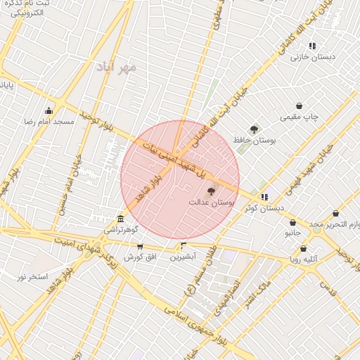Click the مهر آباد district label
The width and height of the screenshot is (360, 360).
click(x=117, y=67)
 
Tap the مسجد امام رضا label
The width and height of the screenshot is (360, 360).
click(x=49, y=122)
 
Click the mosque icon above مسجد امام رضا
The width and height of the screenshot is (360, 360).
click(x=49, y=110)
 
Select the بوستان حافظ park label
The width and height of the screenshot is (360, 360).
click(x=255, y=141)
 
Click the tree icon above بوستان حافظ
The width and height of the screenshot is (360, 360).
click(x=254, y=129)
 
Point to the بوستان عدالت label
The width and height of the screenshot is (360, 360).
click(x=210, y=202)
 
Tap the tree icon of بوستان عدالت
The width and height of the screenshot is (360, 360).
click(x=210, y=191)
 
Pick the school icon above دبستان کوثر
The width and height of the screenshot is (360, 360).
click(x=264, y=198)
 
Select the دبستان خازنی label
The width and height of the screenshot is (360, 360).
click(x=313, y=57)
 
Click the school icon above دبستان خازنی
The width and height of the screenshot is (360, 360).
click(x=313, y=46)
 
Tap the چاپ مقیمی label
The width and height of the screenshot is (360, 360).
click(x=300, y=117)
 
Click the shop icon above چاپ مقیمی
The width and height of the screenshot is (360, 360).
click(x=300, y=105)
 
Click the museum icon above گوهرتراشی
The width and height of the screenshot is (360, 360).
click(x=122, y=219)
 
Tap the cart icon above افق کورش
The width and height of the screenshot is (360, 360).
click(x=140, y=247)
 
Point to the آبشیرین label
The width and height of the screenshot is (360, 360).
click(x=183, y=257)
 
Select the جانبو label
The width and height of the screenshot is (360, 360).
click(x=292, y=231)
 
